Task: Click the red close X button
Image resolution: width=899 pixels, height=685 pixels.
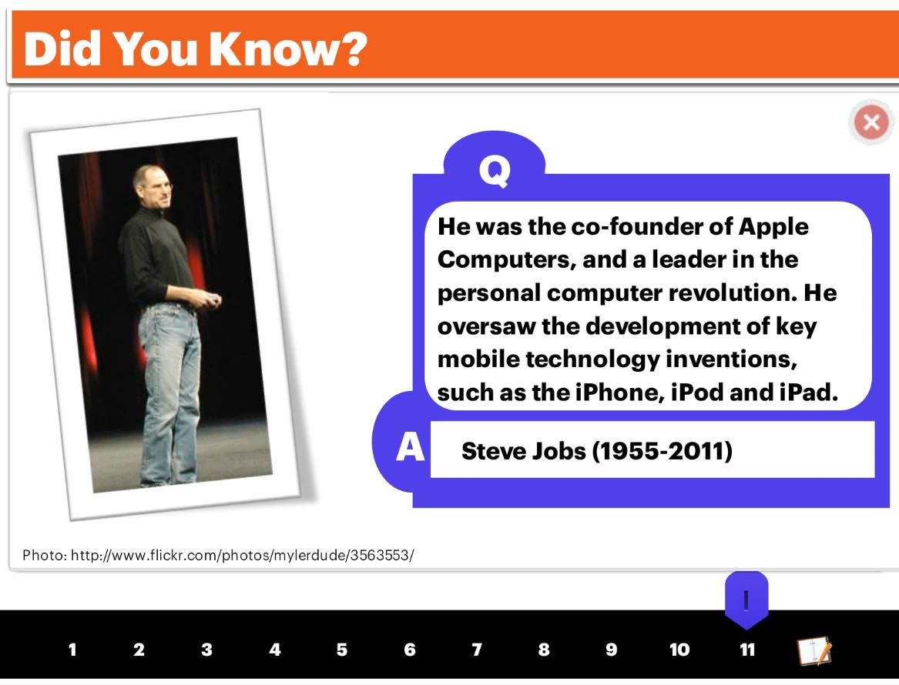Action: point(871,122)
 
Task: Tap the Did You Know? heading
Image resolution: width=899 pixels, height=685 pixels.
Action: point(195,49)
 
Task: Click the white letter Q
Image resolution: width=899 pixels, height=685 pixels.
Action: point(495,170)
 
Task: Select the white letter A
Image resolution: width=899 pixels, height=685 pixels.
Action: point(410,446)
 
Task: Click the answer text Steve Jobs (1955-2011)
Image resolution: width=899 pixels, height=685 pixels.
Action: point(597,451)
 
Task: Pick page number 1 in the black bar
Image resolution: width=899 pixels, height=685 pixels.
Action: point(72,650)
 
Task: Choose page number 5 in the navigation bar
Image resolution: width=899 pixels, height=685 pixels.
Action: point(342,650)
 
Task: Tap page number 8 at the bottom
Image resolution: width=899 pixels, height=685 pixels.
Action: point(544,650)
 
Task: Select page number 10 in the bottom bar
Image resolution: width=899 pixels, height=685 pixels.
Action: point(679,650)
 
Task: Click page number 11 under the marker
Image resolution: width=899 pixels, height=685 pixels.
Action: point(747,650)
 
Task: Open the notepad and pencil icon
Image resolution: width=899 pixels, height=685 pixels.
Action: point(814,650)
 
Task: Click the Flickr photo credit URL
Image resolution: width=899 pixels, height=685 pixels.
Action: point(242,555)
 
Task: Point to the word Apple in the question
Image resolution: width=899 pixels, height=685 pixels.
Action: point(773,228)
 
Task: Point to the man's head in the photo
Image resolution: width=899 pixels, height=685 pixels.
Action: point(153,185)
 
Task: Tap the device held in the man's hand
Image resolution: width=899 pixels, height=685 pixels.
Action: point(213,299)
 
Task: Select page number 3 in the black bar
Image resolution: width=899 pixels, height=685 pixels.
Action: point(207,650)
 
